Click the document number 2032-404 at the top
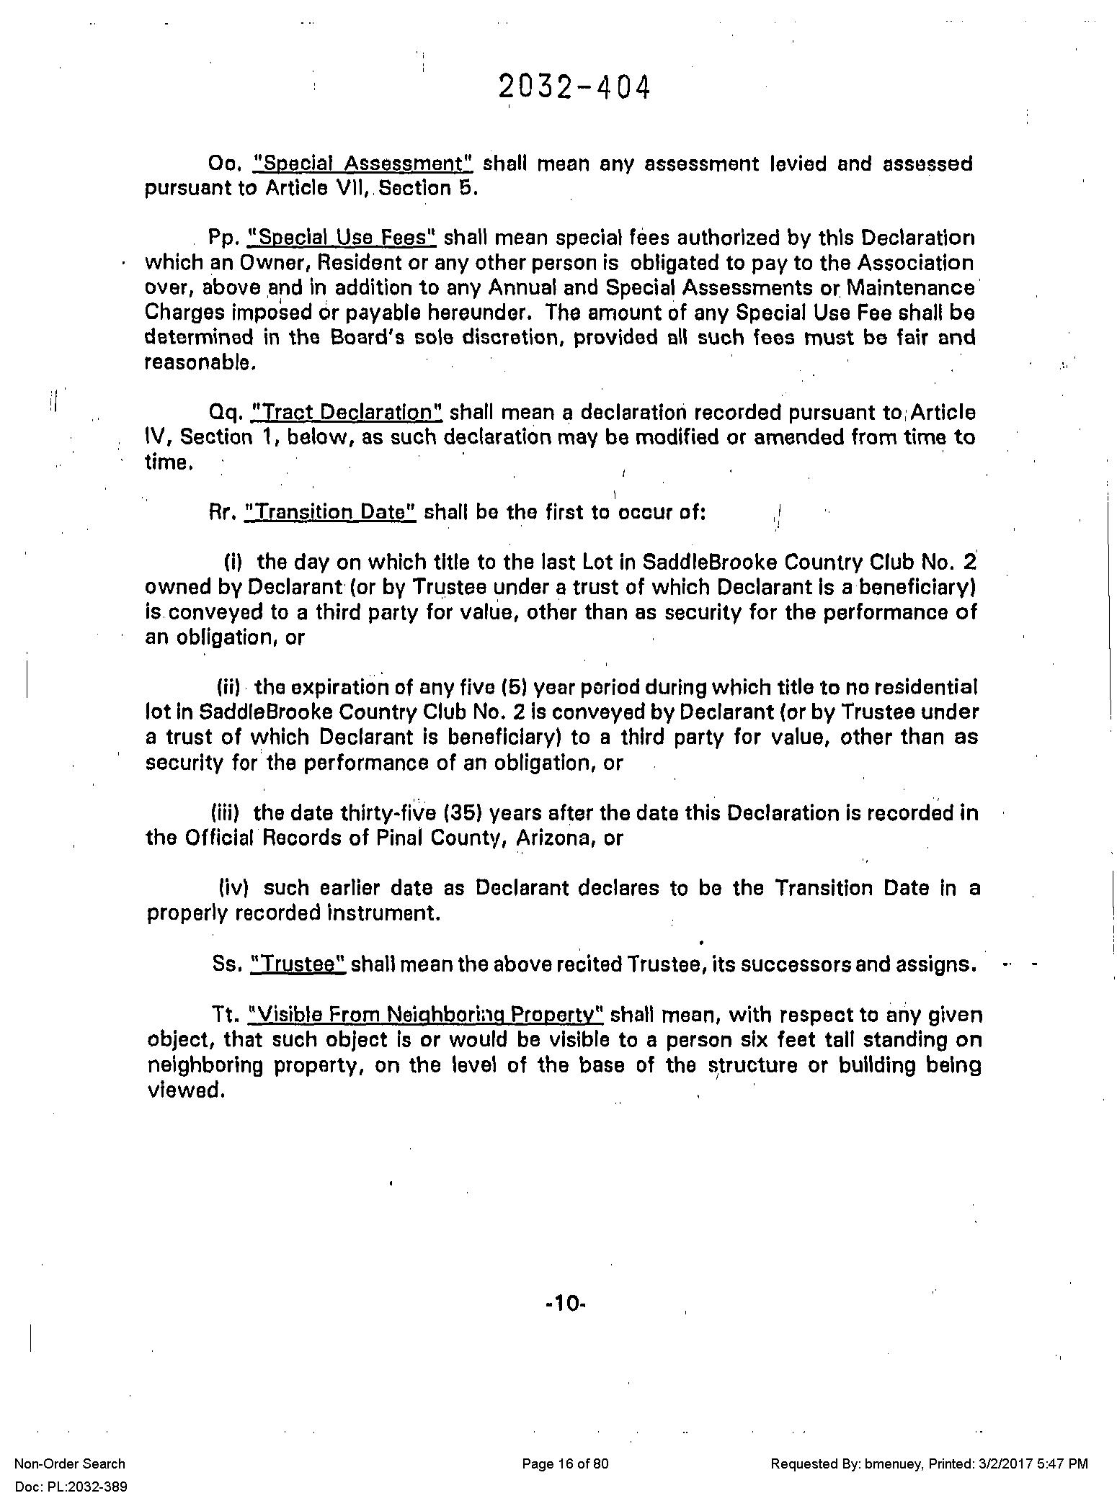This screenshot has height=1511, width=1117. click(574, 89)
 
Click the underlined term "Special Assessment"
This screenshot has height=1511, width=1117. click(362, 164)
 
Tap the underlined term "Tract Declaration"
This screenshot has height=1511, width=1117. click(346, 413)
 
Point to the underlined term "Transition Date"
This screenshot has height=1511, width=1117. click(331, 513)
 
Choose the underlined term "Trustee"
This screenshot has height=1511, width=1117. click(298, 964)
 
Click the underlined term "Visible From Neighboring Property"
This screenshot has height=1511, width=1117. click(425, 1015)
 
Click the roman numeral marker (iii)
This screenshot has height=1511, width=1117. click(229, 813)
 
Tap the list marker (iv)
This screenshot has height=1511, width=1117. click(233, 888)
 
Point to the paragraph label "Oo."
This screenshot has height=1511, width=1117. click(223, 164)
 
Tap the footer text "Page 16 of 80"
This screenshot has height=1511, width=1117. click(565, 1463)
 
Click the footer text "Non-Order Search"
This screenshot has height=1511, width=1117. click(70, 1463)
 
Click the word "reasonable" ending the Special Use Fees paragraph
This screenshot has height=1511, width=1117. click(200, 363)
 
